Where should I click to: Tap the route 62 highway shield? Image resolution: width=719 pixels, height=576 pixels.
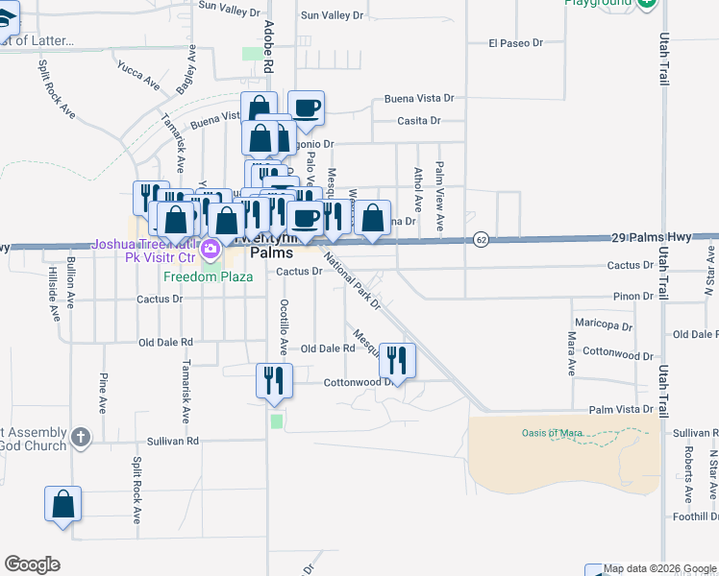[482, 238]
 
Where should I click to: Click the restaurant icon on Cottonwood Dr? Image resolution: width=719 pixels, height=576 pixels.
[397, 361]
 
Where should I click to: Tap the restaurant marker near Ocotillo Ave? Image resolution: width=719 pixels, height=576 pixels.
[274, 380]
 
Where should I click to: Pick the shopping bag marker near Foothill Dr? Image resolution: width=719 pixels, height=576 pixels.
[63, 504]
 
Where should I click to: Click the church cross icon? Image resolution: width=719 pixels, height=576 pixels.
[80, 437]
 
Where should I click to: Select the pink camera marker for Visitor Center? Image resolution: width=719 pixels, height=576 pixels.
[212, 252]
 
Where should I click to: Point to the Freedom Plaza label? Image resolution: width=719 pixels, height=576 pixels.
[208, 276]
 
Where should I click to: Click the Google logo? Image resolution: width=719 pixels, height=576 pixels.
[32, 564]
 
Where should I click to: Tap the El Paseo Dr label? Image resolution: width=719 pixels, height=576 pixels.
[516, 43]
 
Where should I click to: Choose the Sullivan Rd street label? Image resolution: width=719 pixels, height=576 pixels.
[173, 442]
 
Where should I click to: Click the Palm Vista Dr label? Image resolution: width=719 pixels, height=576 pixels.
[621, 409]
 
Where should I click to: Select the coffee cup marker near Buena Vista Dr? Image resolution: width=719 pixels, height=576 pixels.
[307, 108]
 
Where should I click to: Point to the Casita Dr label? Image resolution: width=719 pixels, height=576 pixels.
[419, 121]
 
